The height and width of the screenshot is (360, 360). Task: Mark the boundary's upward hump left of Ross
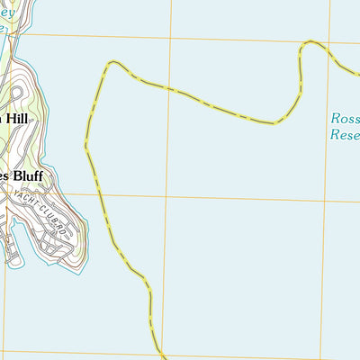pyautogui.click(x=311, y=42)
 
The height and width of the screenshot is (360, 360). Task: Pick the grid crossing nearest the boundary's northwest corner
pyautogui.click(x=167, y=38)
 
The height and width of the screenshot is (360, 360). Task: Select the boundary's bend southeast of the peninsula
pyautogui.click(x=144, y=286)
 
